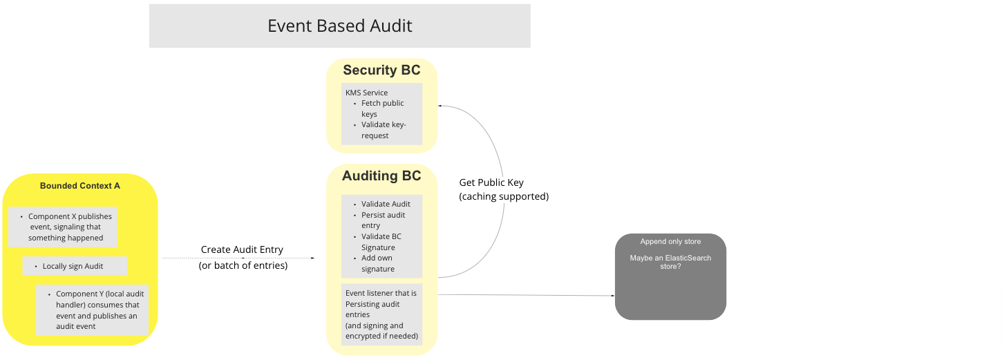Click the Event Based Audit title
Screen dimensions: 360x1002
click(x=339, y=26)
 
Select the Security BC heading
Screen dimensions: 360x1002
click(x=381, y=70)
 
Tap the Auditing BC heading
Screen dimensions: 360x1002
click(x=381, y=176)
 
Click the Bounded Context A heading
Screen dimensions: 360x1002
click(x=80, y=186)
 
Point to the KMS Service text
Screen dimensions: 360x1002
click(x=366, y=93)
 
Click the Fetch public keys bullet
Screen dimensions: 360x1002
click(x=382, y=108)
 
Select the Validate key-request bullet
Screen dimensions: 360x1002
click(x=384, y=130)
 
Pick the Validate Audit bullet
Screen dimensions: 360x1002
click(x=386, y=204)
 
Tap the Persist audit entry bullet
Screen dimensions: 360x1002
click(x=383, y=220)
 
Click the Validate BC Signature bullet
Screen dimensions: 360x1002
click(x=381, y=242)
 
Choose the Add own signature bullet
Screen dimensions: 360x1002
click(x=378, y=263)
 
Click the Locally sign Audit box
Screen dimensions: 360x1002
click(x=75, y=266)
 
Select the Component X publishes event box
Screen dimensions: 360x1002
click(x=63, y=227)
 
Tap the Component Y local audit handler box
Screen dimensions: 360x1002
click(x=92, y=310)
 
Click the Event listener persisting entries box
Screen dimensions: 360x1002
click(x=381, y=314)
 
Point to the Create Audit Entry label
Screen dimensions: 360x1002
click(x=242, y=249)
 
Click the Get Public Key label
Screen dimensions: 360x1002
click(x=491, y=183)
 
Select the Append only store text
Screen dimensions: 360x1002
click(x=670, y=242)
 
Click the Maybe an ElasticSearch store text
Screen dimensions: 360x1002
click(x=670, y=262)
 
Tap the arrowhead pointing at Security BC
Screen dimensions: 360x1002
click(x=439, y=106)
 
